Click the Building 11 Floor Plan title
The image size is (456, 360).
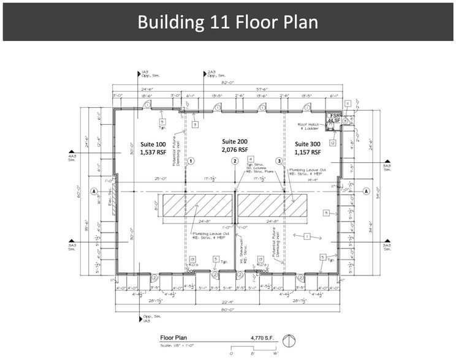coord(227,22)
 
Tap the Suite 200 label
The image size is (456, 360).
coord(234,141)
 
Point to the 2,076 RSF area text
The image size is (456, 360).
coord(234,149)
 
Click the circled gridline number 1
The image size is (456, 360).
coord(191,161)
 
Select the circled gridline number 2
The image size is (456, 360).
coord(235,161)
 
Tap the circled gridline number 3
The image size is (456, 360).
coord(279,161)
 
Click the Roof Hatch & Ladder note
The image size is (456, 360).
coord(312,127)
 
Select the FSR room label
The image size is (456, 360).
coord(335,115)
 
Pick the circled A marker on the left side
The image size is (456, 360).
coord(94,191)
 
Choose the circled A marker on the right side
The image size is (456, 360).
coord(367,191)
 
